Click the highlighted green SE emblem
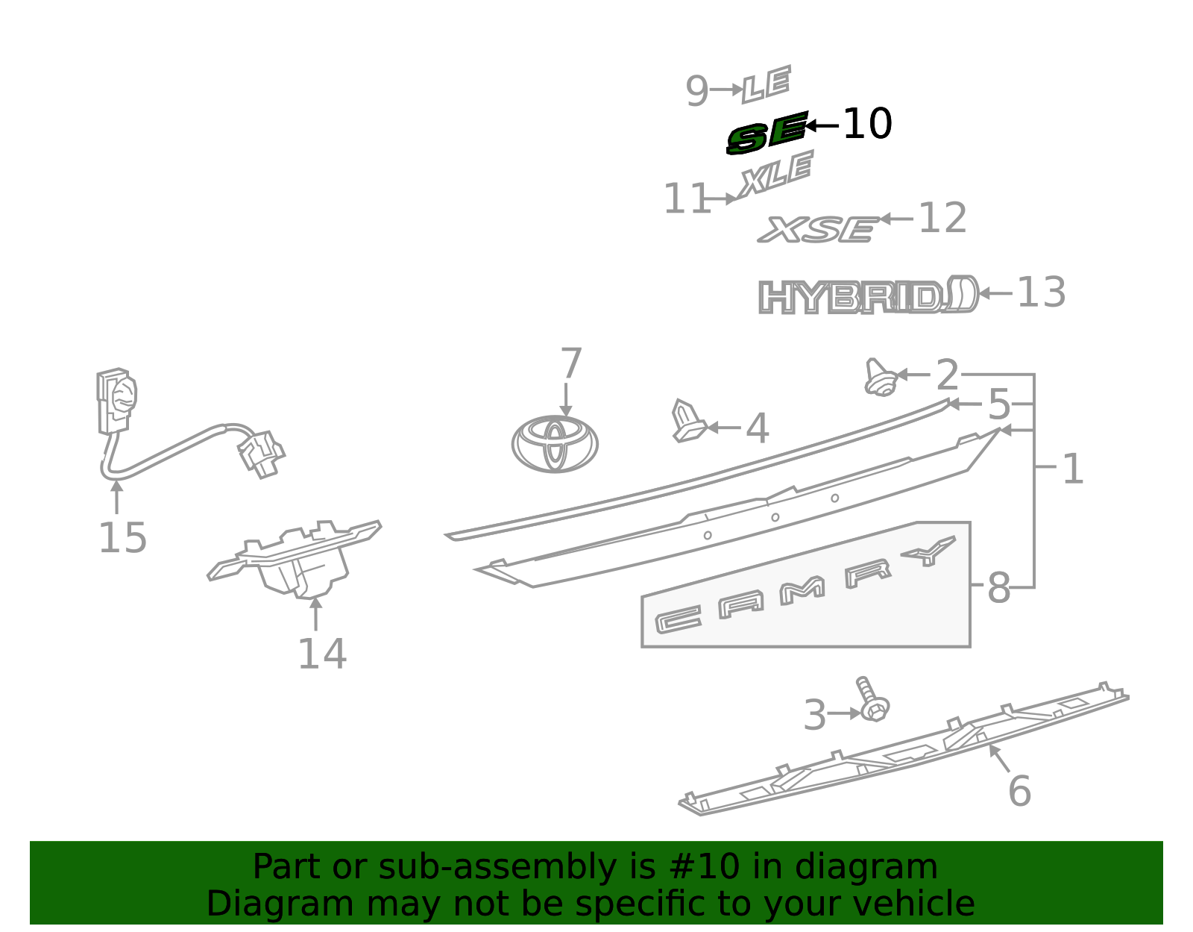click(767, 132)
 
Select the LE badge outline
click(767, 84)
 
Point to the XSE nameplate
click(818, 229)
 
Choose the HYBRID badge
click(869, 295)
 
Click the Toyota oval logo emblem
click(555, 444)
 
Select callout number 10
click(867, 124)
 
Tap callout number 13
click(1042, 293)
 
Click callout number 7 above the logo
click(571, 363)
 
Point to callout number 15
click(122, 538)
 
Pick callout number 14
click(321, 654)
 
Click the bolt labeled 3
click(872, 699)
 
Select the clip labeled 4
click(688, 421)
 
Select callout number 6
click(1019, 792)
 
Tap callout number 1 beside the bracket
click(1073, 469)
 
